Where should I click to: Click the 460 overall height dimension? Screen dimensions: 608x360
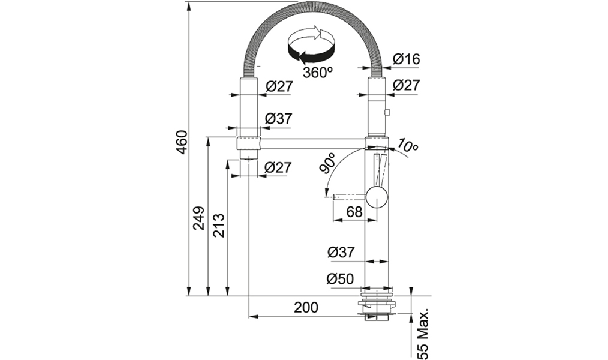pos(182,142)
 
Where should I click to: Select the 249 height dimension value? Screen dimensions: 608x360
pos(198,218)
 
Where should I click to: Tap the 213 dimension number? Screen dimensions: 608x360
pos(219,226)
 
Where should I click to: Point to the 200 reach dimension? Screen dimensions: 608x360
pos(306,307)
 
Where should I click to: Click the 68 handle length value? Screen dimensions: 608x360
pos(354,212)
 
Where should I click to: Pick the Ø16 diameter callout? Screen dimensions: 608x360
pos(406,59)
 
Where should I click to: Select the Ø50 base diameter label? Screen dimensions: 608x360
pos(340,278)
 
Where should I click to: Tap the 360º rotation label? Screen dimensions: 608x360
pos(318,73)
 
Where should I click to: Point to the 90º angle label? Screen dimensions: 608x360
pos(327,163)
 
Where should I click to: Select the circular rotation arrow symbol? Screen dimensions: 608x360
pos(311,46)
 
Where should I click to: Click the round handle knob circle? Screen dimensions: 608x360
pos(377,196)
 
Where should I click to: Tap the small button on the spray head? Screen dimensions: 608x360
pos(387,112)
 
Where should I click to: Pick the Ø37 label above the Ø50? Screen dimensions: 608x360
pos(341,252)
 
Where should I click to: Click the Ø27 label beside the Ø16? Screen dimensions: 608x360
pos(406,85)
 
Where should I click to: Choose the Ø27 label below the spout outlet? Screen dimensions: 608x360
pos(277,167)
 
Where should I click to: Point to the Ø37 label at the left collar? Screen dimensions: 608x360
pos(278,118)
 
